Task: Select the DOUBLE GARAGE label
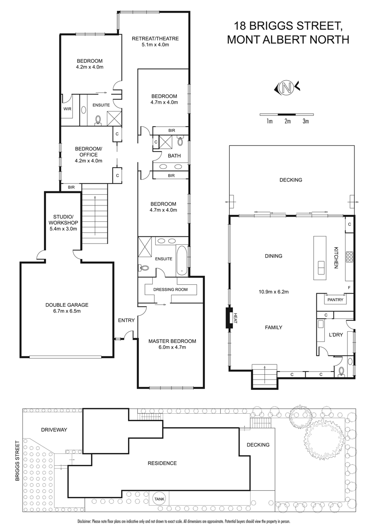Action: (67, 308)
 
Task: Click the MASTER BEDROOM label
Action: (172, 344)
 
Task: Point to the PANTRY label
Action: (335, 300)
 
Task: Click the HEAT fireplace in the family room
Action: (231, 317)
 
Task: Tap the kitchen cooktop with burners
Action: (349, 257)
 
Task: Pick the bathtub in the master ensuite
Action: (182, 260)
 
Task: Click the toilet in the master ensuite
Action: (143, 267)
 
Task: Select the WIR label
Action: (67, 109)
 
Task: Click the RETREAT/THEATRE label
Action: (155, 41)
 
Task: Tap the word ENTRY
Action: (126, 320)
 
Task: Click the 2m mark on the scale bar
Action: (287, 121)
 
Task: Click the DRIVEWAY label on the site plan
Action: (54, 430)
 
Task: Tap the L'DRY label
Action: (336, 334)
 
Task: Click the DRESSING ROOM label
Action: (170, 289)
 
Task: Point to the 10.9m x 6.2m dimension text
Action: (273, 291)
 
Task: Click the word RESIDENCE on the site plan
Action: (162, 463)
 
